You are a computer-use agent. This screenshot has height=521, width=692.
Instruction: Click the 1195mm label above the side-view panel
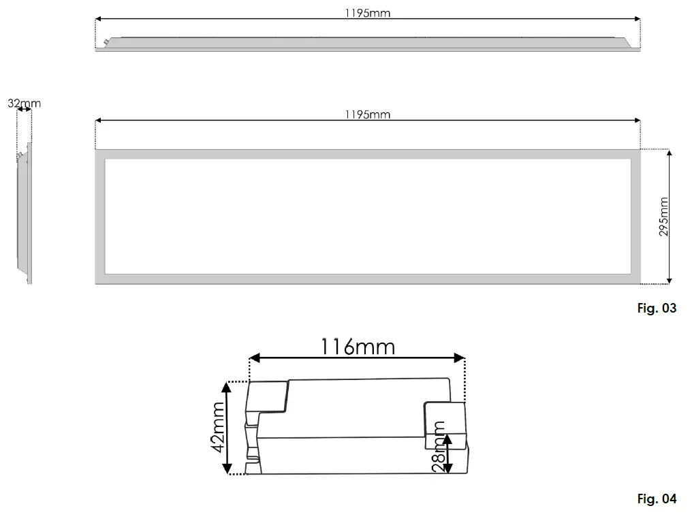click(x=368, y=13)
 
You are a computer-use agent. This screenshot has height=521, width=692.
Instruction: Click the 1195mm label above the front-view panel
click(x=368, y=114)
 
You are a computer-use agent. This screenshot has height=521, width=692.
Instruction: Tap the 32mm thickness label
click(x=25, y=104)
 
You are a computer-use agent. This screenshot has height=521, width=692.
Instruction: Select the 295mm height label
click(x=663, y=217)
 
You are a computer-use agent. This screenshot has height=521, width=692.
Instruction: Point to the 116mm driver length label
click(x=358, y=347)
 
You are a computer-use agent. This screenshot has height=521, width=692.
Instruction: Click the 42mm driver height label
click(x=217, y=428)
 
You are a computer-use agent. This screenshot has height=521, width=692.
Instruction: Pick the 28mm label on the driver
click(x=438, y=446)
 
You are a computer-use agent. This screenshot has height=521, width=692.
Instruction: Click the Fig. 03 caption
click(x=657, y=309)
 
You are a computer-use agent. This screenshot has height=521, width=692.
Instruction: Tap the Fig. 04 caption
click(x=657, y=499)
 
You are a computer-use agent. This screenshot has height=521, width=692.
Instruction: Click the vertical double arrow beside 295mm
click(x=670, y=217)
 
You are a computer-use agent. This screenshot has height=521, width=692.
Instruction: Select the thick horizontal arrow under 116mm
click(x=358, y=358)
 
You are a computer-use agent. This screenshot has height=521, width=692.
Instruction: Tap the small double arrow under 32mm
click(x=25, y=110)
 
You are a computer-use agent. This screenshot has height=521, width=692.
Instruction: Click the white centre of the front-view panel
click(x=368, y=217)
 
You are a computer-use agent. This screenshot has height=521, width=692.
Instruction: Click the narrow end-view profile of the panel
click(x=27, y=211)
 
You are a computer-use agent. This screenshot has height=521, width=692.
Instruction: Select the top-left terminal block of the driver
click(x=267, y=396)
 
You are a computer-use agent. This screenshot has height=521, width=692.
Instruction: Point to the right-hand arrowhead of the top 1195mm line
click(x=637, y=18)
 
